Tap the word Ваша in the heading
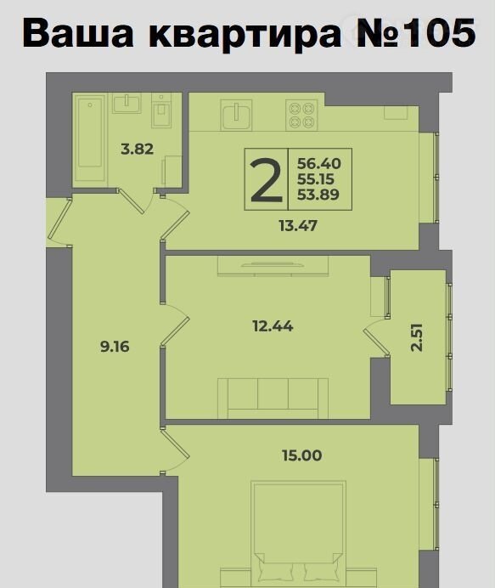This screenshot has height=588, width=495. [x=78, y=32]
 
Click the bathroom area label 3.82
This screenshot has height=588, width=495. [x=138, y=150]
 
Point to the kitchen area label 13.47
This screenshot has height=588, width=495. [x=298, y=226]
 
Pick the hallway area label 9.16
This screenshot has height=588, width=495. [x=115, y=347]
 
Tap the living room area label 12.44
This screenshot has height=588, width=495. [x=273, y=326]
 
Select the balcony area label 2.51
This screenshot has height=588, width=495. [x=416, y=337]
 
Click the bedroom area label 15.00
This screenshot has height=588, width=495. [x=302, y=455]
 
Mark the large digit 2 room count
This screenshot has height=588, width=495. [x=266, y=179]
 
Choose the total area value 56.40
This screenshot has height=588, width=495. [x=319, y=163]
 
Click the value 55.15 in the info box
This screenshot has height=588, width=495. [x=316, y=179]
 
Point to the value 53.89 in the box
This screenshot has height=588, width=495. [x=318, y=195]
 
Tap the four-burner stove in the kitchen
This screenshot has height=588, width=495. [x=301, y=115]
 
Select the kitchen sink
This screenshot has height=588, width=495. [x=236, y=115]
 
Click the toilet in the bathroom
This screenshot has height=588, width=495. [x=161, y=110]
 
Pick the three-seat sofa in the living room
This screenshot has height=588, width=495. [x=273, y=398]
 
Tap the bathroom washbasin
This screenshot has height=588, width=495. [x=127, y=103]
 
